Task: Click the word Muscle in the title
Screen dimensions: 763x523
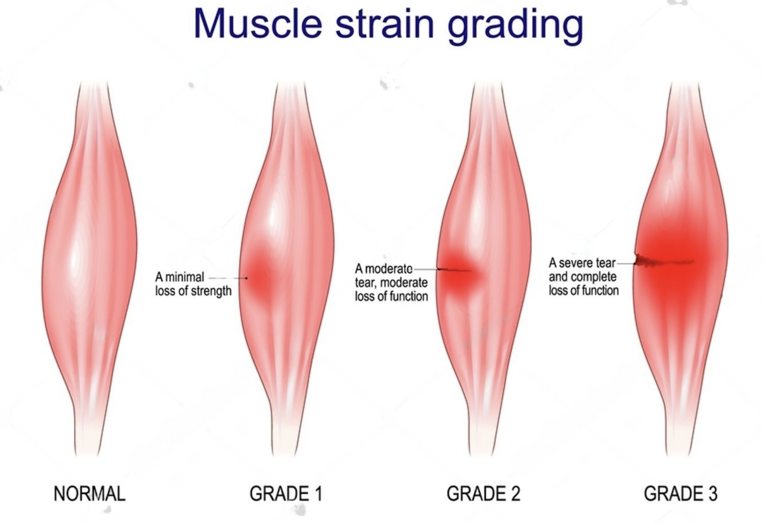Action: [x=258, y=24]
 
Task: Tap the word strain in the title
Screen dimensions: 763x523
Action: [x=385, y=24]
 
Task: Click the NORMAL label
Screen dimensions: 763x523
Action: [x=90, y=493]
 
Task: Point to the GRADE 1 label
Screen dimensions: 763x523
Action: [x=286, y=493]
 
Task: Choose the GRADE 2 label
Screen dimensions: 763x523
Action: [x=483, y=493]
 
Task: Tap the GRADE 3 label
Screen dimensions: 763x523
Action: [x=681, y=493]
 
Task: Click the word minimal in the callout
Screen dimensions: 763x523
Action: [x=184, y=277]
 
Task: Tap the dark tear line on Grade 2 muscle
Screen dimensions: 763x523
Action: [x=454, y=270]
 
